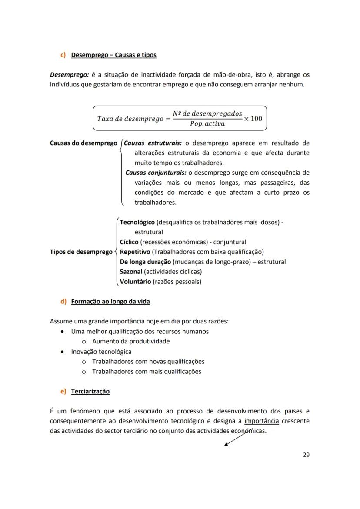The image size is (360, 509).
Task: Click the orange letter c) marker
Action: tap(63, 55)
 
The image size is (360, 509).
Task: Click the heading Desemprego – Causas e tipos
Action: tap(113, 55)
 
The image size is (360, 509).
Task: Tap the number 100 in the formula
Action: tap(257, 118)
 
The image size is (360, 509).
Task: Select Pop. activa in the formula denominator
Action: tap(207, 124)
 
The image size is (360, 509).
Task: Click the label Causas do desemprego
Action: tap(83, 143)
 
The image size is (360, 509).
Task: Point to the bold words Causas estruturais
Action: tap(153, 143)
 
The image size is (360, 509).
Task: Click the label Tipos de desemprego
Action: tap(81, 252)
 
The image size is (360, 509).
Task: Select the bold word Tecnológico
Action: tap(137, 222)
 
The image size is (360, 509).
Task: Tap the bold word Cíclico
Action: tap(129, 242)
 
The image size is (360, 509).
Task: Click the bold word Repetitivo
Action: tap(135, 252)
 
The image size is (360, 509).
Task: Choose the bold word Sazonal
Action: tap(130, 272)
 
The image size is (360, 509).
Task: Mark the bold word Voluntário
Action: tap(135, 282)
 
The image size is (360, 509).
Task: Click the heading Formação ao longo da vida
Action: tap(110, 302)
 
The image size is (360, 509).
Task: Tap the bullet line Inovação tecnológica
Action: tap(101, 352)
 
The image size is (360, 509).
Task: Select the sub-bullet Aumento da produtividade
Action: tap(130, 342)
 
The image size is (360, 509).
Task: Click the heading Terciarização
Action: tap(90, 392)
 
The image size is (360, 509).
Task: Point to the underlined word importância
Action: tap(261, 421)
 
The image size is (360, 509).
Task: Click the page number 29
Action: tap(306, 455)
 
